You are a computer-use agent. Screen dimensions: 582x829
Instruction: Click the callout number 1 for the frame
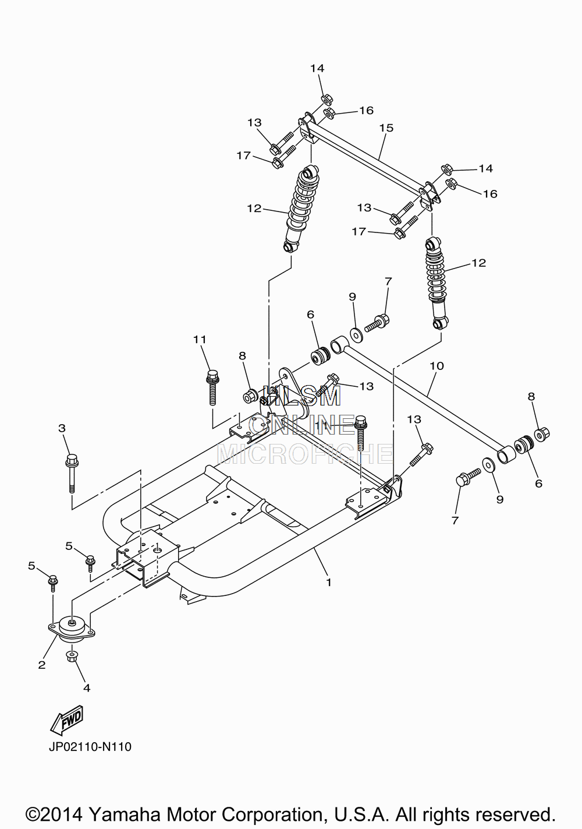[x=328, y=582]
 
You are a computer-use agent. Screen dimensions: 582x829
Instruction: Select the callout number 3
[x=62, y=428]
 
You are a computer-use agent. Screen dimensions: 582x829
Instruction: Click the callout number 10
[x=436, y=366]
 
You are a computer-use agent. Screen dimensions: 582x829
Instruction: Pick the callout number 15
[x=386, y=128]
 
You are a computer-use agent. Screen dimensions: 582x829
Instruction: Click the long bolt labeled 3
[x=72, y=474]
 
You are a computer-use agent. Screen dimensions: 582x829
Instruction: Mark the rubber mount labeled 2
[x=72, y=630]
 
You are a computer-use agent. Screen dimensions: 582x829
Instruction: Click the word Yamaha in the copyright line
[x=125, y=814]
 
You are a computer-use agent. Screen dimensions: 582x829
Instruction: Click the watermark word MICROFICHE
[x=305, y=454]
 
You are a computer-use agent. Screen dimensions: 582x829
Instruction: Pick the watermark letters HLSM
[x=301, y=396]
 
